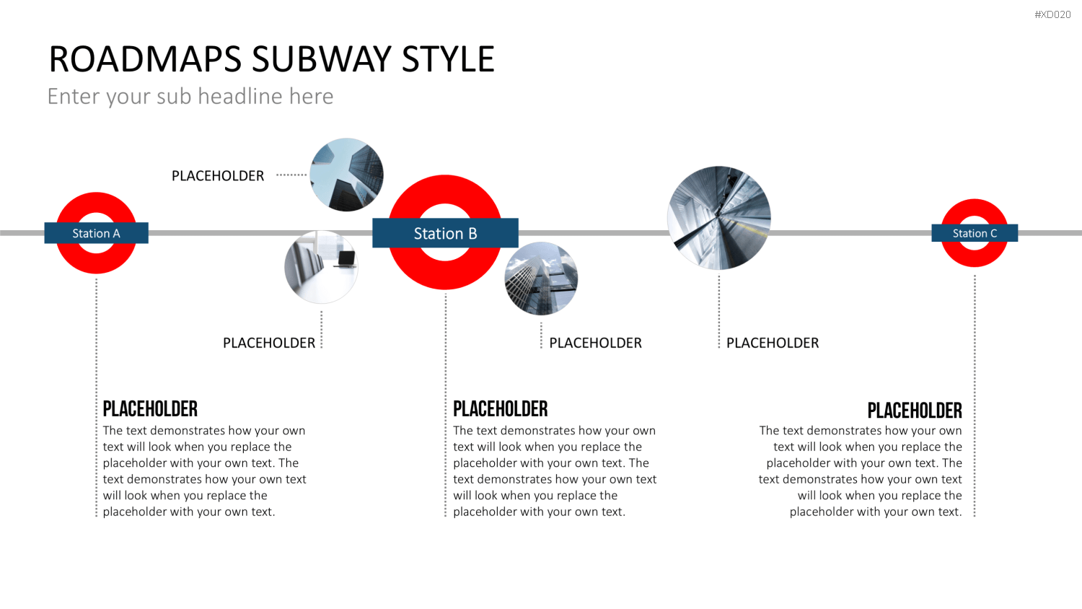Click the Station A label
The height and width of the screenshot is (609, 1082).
pyautogui.click(x=96, y=233)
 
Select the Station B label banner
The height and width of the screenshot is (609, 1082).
pyautogui.click(x=445, y=233)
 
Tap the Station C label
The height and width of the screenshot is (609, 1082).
pyautogui.click(x=975, y=233)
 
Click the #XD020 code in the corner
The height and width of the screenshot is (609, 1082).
pyautogui.click(x=1052, y=14)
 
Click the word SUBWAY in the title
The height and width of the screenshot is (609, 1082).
pyautogui.click(x=322, y=59)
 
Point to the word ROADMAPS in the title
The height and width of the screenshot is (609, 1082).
pyautogui.click(x=145, y=59)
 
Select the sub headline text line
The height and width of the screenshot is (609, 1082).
pyautogui.click(x=190, y=96)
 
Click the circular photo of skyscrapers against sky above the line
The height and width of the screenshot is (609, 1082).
pyautogui.click(x=346, y=175)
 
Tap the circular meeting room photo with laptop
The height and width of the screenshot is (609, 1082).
pyautogui.click(x=321, y=267)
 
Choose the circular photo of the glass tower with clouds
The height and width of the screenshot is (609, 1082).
pyautogui.click(x=541, y=279)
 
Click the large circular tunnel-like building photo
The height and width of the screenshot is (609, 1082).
pyautogui.click(x=718, y=218)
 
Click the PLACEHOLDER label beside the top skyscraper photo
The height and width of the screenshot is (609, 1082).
pyautogui.click(x=218, y=175)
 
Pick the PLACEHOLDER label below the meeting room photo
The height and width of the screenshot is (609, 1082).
pyautogui.click(x=269, y=343)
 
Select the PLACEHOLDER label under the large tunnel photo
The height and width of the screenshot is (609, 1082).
pyautogui.click(x=773, y=343)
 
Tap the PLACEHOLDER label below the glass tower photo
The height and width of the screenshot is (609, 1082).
pyautogui.click(x=596, y=343)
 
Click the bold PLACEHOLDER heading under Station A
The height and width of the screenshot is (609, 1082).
pyautogui.click(x=150, y=409)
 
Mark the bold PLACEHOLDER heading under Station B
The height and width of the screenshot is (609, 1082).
pyautogui.click(x=501, y=409)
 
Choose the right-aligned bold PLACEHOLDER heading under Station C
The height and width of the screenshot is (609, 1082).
pyautogui.click(x=915, y=411)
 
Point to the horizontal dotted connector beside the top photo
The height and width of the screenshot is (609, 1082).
pyautogui.click(x=291, y=175)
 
